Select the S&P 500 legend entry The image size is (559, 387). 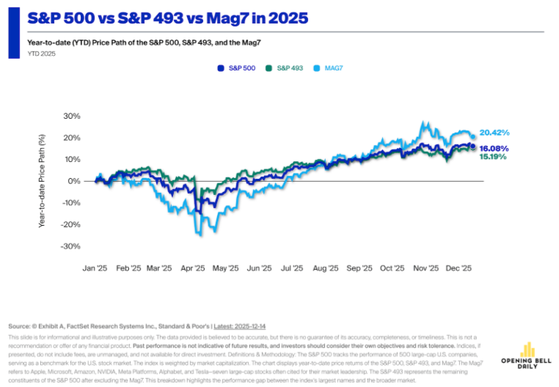pyautogui.click(x=236, y=67)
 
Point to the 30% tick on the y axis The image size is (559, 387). pyautogui.click(x=70, y=116)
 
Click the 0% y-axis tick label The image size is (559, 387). pyautogui.click(x=73, y=181)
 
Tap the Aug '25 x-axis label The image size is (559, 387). pyautogui.click(x=325, y=269)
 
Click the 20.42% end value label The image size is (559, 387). pyautogui.click(x=494, y=133)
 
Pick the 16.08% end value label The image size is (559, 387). pyautogui.click(x=494, y=148)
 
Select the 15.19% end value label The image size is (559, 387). pyautogui.click(x=493, y=157)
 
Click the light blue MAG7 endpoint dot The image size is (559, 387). pyautogui.click(x=473, y=136)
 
